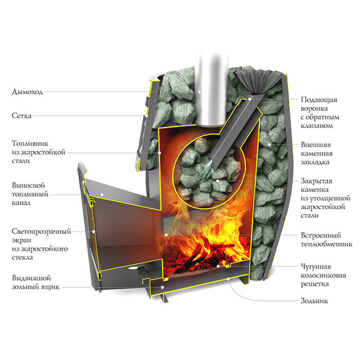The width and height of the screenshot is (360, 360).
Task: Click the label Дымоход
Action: [x=27, y=92]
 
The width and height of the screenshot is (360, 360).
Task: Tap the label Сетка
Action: [x=22, y=116]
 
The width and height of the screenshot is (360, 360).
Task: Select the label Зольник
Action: [x=314, y=301]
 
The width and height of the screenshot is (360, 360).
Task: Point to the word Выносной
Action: [x=28, y=185]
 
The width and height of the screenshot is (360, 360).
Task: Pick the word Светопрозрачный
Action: [x=41, y=231]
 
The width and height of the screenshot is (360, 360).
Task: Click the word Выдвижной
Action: [x=31, y=278]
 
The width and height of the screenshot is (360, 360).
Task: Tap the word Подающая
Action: [x=319, y=100]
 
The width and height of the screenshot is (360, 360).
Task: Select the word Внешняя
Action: [x=316, y=145]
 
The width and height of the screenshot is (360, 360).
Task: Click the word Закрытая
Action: [x=316, y=181]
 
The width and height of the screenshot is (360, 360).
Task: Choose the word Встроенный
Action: [x=321, y=236]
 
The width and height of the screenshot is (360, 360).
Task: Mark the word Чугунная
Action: [x=316, y=266]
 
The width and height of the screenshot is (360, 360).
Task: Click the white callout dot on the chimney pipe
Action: [x=200, y=92]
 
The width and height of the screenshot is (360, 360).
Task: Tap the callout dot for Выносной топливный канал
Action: [x=102, y=195]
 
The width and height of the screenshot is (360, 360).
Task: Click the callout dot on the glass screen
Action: [x=94, y=231]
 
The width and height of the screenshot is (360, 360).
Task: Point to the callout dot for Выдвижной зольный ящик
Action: [x=163, y=287]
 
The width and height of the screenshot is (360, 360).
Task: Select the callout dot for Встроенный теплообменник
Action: [x=166, y=235]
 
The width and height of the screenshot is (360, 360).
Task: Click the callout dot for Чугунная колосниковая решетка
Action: [x=218, y=266]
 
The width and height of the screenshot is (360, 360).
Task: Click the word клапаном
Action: [x=317, y=126]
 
